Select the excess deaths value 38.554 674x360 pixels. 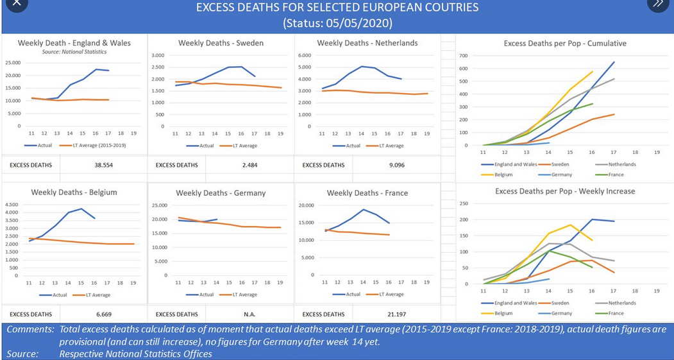click(x=104, y=165)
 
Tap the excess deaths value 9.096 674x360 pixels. click(x=396, y=165)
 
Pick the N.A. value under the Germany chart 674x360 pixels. click(x=249, y=314)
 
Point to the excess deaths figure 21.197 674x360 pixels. click(x=396, y=314)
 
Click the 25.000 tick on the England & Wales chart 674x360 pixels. click(x=13, y=63)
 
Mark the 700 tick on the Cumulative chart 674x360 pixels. click(x=464, y=56)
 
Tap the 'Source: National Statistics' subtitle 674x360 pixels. click(x=74, y=51)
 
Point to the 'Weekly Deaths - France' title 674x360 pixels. click(x=367, y=193)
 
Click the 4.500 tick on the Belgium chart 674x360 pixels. click(x=13, y=205)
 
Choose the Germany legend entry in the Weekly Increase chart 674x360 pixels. click(x=561, y=313)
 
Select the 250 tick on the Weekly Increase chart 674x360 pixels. click(x=464, y=203)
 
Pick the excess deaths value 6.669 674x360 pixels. click(x=104, y=314)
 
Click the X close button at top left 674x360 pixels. click(x=16, y=3)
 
